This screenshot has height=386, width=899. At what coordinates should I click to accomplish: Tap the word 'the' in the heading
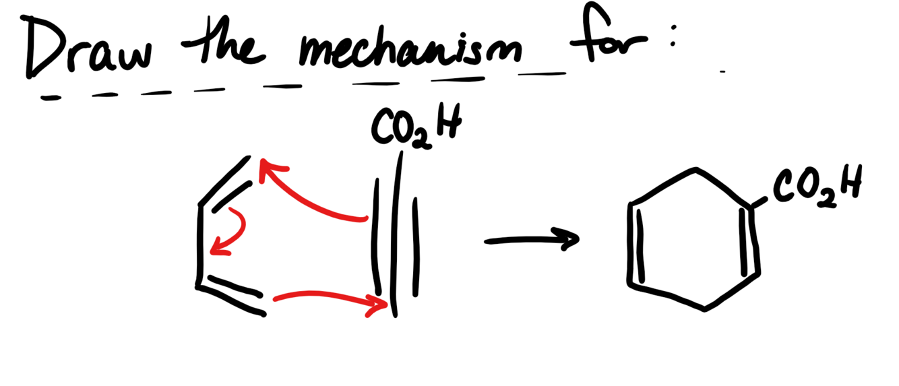[223, 40]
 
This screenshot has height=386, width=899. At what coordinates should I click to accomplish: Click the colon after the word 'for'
[673, 36]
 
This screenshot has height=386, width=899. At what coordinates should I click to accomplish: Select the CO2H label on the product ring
[817, 186]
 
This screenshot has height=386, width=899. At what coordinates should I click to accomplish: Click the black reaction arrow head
[566, 239]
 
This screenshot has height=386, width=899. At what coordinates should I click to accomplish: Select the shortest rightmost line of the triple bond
[416, 247]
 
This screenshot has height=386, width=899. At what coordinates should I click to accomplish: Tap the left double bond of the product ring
[635, 245]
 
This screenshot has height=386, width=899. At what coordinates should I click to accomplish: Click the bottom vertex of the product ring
[705, 308]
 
